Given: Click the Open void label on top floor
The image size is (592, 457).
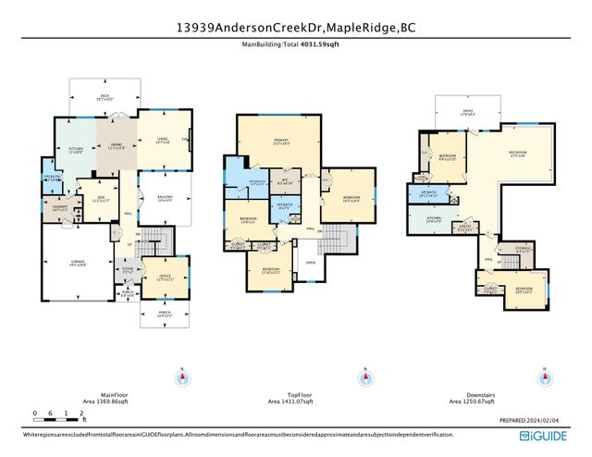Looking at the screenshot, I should pos(311,262).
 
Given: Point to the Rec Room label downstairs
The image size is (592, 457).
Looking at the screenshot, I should pos(517,153).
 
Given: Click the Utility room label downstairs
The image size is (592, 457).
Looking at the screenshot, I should pos(465,228).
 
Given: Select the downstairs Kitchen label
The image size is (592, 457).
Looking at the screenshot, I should pos(434,221).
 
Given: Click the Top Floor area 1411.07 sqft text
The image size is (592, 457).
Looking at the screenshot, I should pos(290,402).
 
